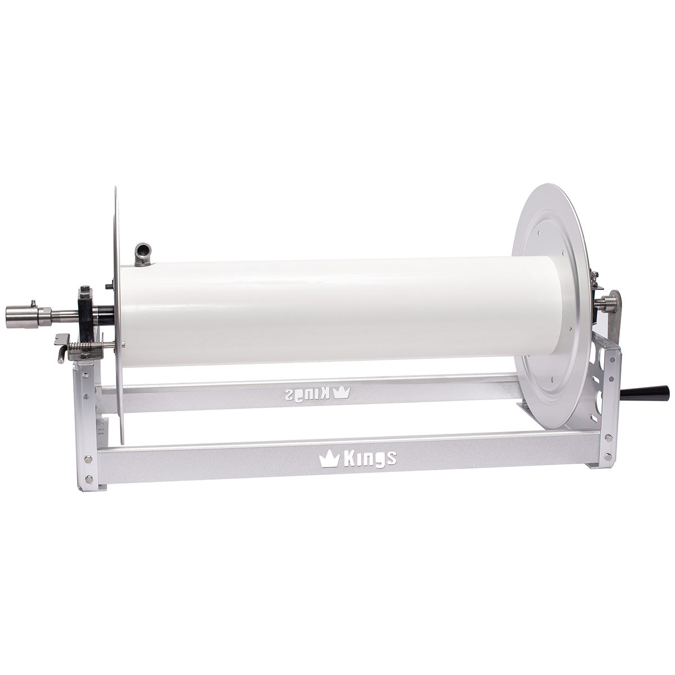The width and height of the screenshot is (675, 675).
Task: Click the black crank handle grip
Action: pyautogui.click(x=652, y=390)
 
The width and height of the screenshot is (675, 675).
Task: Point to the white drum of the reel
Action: pyautogui.click(x=337, y=309)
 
